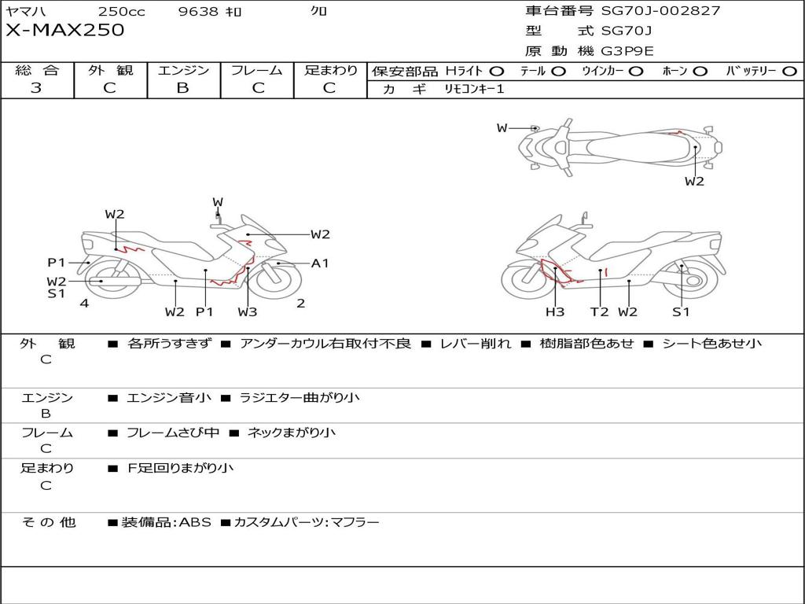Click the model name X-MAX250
(64, 30)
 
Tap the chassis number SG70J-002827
(660, 10)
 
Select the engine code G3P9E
(627, 51)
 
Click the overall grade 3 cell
(36, 88)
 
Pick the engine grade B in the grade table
(182, 88)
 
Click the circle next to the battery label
(789, 72)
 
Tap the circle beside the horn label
(700, 72)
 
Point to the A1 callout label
(320, 263)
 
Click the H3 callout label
(555, 311)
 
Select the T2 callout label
(599, 311)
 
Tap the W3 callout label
(248, 311)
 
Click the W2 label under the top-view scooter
(694, 182)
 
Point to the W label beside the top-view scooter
(502, 128)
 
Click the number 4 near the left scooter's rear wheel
(84, 303)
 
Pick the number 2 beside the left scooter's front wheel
(301, 303)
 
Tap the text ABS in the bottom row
(195, 522)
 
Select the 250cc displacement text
(122, 11)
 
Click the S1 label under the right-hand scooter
(682, 311)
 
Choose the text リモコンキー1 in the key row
(474, 89)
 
